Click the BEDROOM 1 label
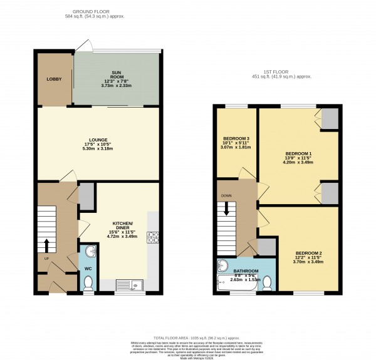(x=298, y=153)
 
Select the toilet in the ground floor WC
(x=88, y=284)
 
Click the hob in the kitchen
(x=152, y=237)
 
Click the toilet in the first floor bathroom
(x=267, y=284)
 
